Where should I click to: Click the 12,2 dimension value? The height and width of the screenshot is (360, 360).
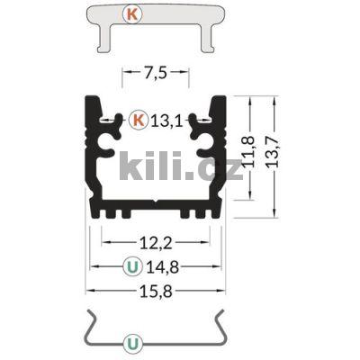157,242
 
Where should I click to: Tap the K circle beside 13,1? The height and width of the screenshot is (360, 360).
138,118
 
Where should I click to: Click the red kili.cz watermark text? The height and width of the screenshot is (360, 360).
180,168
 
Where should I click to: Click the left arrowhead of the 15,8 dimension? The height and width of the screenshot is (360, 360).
90,290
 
